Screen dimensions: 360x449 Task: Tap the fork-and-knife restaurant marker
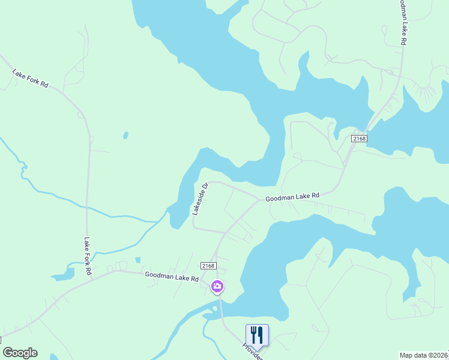pyautogui.click(x=257, y=335)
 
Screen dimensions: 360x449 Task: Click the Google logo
pyautogui.click(x=20, y=353)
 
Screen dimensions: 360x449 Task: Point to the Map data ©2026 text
pyautogui.click(x=424, y=355)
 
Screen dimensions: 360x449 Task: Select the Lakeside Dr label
pyautogui.click(x=199, y=199)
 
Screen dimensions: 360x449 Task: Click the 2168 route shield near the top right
pyautogui.click(x=359, y=139)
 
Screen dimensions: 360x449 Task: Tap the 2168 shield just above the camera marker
pyautogui.click(x=208, y=265)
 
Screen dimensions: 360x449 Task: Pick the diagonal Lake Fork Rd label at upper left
pyautogui.click(x=30, y=78)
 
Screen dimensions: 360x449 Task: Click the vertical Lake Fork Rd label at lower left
pyautogui.click(x=88, y=256)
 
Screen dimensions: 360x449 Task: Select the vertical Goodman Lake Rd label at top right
pyautogui.click(x=403, y=23)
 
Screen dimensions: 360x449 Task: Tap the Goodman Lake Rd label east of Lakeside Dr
pyautogui.click(x=292, y=196)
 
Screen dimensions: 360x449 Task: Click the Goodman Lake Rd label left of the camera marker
pyautogui.click(x=172, y=278)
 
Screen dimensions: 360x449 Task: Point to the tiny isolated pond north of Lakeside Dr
pyautogui.click(x=125, y=135)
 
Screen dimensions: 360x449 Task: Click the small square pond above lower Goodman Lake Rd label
pyautogui.click(x=138, y=260)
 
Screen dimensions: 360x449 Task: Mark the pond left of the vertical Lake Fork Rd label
pyautogui.click(x=61, y=276)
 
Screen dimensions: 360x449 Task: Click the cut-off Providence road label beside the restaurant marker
pyautogui.click(x=252, y=352)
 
